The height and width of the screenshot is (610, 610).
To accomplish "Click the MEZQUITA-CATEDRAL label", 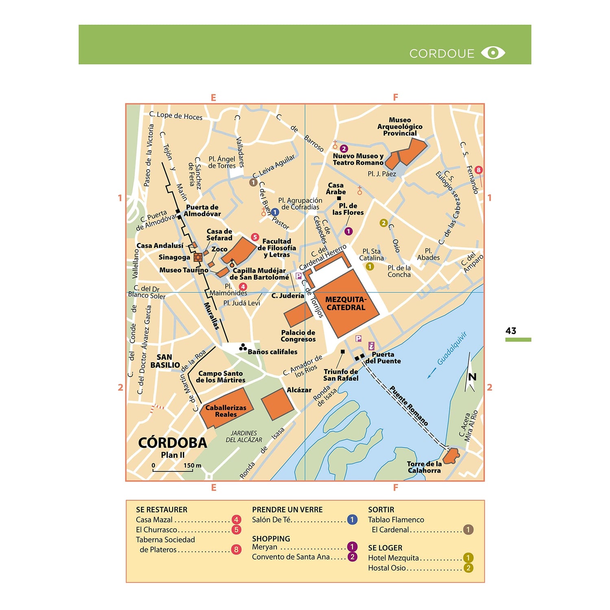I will click(346, 304).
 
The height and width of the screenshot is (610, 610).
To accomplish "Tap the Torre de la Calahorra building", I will click(451, 456).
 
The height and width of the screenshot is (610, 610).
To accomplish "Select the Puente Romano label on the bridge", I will click(409, 405).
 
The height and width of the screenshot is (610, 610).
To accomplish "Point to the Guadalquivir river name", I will click(452, 349).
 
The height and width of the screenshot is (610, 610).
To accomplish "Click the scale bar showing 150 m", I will click(173, 470).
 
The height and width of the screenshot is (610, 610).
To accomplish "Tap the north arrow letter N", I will click(472, 377).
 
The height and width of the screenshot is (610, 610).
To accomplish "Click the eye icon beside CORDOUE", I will click(493, 53).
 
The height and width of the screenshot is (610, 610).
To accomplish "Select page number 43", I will click(511, 331).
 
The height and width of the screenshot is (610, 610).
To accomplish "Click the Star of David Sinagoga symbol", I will click(198, 257).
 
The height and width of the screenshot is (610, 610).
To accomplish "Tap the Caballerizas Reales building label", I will click(226, 411).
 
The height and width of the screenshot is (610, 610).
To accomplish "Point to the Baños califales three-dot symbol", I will click(243, 347).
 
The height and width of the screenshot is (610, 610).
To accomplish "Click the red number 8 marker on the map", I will click(479, 170).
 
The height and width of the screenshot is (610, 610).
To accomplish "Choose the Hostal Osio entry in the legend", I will click(387, 568).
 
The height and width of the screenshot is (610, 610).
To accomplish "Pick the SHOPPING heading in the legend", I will click(271, 538).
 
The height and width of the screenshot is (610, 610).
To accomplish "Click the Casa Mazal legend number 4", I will click(236, 520).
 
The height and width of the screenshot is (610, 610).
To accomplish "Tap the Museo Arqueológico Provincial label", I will click(400, 126).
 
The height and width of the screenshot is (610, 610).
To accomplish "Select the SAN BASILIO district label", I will click(165, 361).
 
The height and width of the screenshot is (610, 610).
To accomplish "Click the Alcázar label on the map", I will click(299, 390).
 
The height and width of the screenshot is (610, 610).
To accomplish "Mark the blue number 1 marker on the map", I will click(275, 212).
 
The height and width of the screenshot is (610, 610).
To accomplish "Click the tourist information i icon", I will click(371, 346).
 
